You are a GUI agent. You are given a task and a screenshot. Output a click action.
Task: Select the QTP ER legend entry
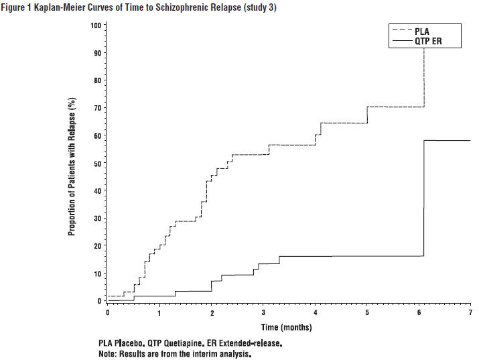tap(428, 41)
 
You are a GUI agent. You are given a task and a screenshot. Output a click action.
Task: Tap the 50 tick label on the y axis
tap(97, 164)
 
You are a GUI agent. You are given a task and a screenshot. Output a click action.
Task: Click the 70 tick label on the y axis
tap(97, 108)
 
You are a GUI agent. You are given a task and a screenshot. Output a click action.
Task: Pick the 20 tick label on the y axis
tap(97, 246)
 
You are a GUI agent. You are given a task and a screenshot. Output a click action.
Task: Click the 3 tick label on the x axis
tap(263, 313)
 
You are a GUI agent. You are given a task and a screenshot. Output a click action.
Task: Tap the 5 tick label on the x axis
tap(367, 313)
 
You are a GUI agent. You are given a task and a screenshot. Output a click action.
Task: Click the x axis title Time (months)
tap(286, 327)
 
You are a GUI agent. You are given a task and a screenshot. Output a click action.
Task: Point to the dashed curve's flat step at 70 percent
tap(395, 107)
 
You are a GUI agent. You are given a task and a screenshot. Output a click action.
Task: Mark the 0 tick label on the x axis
tap(107, 313)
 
